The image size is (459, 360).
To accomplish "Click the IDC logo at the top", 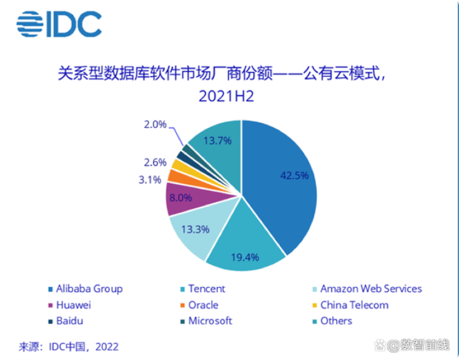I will [59, 23].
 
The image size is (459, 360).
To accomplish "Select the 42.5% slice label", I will [294, 176].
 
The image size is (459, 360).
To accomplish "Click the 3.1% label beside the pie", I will [150, 180].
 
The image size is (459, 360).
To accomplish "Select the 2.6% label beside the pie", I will [155, 163].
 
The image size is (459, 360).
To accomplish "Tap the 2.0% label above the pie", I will [155, 124].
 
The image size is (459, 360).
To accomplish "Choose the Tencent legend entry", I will [206, 289].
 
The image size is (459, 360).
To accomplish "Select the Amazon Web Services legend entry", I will [371, 289].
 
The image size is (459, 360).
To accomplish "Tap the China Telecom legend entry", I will [354, 305].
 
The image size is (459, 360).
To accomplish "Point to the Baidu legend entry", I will [70, 321].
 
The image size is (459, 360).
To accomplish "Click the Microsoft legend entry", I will [210, 321].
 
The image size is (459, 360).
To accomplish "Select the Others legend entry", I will [336, 321].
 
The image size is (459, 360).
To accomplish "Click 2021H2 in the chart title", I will [228, 96].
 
